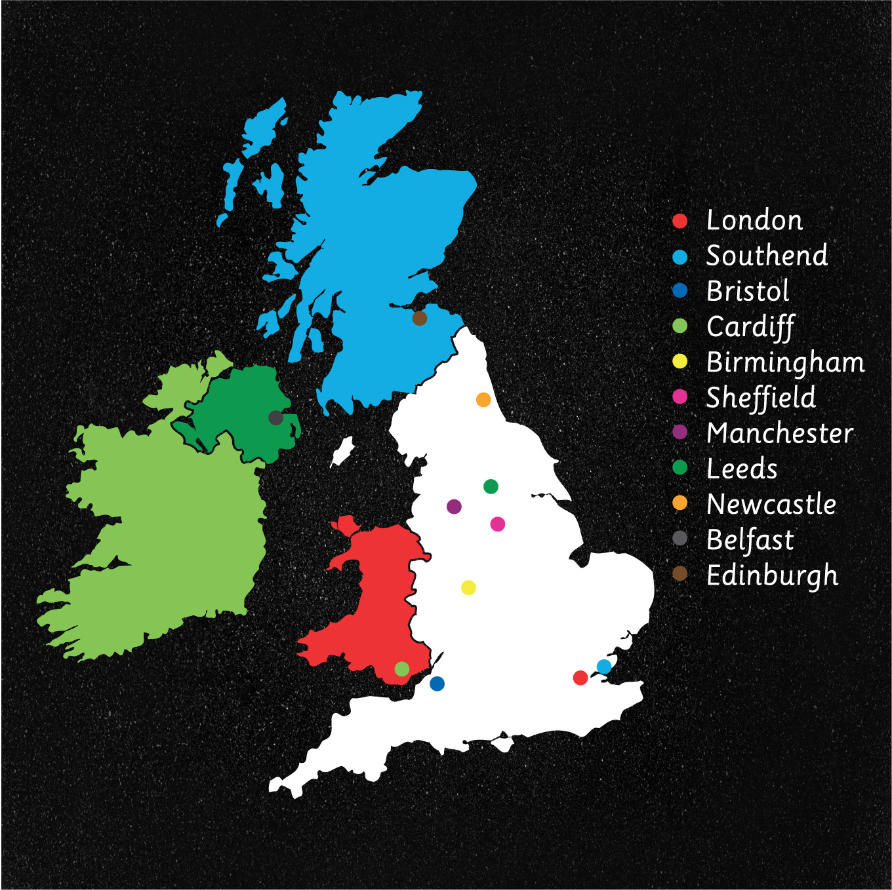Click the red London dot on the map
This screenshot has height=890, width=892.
[580, 678]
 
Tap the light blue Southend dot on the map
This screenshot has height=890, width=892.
[604, 667]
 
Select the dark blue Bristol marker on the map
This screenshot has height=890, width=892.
[437, 684]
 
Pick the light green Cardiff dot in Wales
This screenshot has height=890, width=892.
[402, 669]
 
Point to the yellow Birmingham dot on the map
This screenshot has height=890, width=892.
[468, 587]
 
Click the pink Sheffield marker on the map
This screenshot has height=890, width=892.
[498, 524]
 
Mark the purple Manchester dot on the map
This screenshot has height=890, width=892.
[454, 507]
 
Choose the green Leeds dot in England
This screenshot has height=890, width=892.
[491, 486]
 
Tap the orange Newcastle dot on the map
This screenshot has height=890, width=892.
[483, 400]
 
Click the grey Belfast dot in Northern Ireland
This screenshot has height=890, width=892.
[276, 417]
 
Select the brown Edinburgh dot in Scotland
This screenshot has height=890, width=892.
[420, 319]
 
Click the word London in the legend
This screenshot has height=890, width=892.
[754, 221]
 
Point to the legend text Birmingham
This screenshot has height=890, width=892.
[785, 362]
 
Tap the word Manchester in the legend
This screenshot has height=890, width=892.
[780, 433]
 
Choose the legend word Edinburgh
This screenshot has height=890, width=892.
[772, 575]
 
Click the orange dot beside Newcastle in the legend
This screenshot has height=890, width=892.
[680, 503]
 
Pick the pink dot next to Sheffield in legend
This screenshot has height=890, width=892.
[680, 397]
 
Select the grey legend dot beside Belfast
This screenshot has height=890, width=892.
[680, 538]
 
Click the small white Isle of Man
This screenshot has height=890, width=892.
[342, 451]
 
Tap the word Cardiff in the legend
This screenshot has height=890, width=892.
[750, 326]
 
